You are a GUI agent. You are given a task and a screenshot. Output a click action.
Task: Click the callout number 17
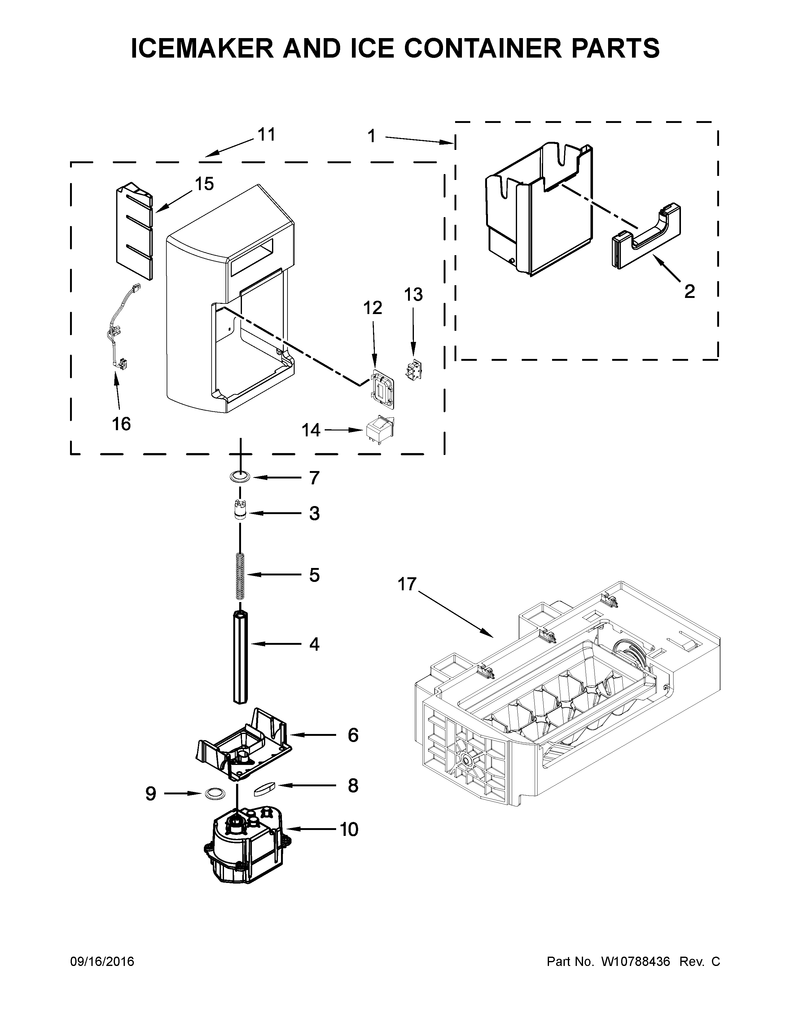[407, 584]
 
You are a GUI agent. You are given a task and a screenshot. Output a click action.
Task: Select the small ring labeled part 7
[239, 477]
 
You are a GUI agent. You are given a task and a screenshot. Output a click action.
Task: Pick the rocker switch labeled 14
[379, 429]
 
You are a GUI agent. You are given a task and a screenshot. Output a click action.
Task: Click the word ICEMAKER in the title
[202, 49]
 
